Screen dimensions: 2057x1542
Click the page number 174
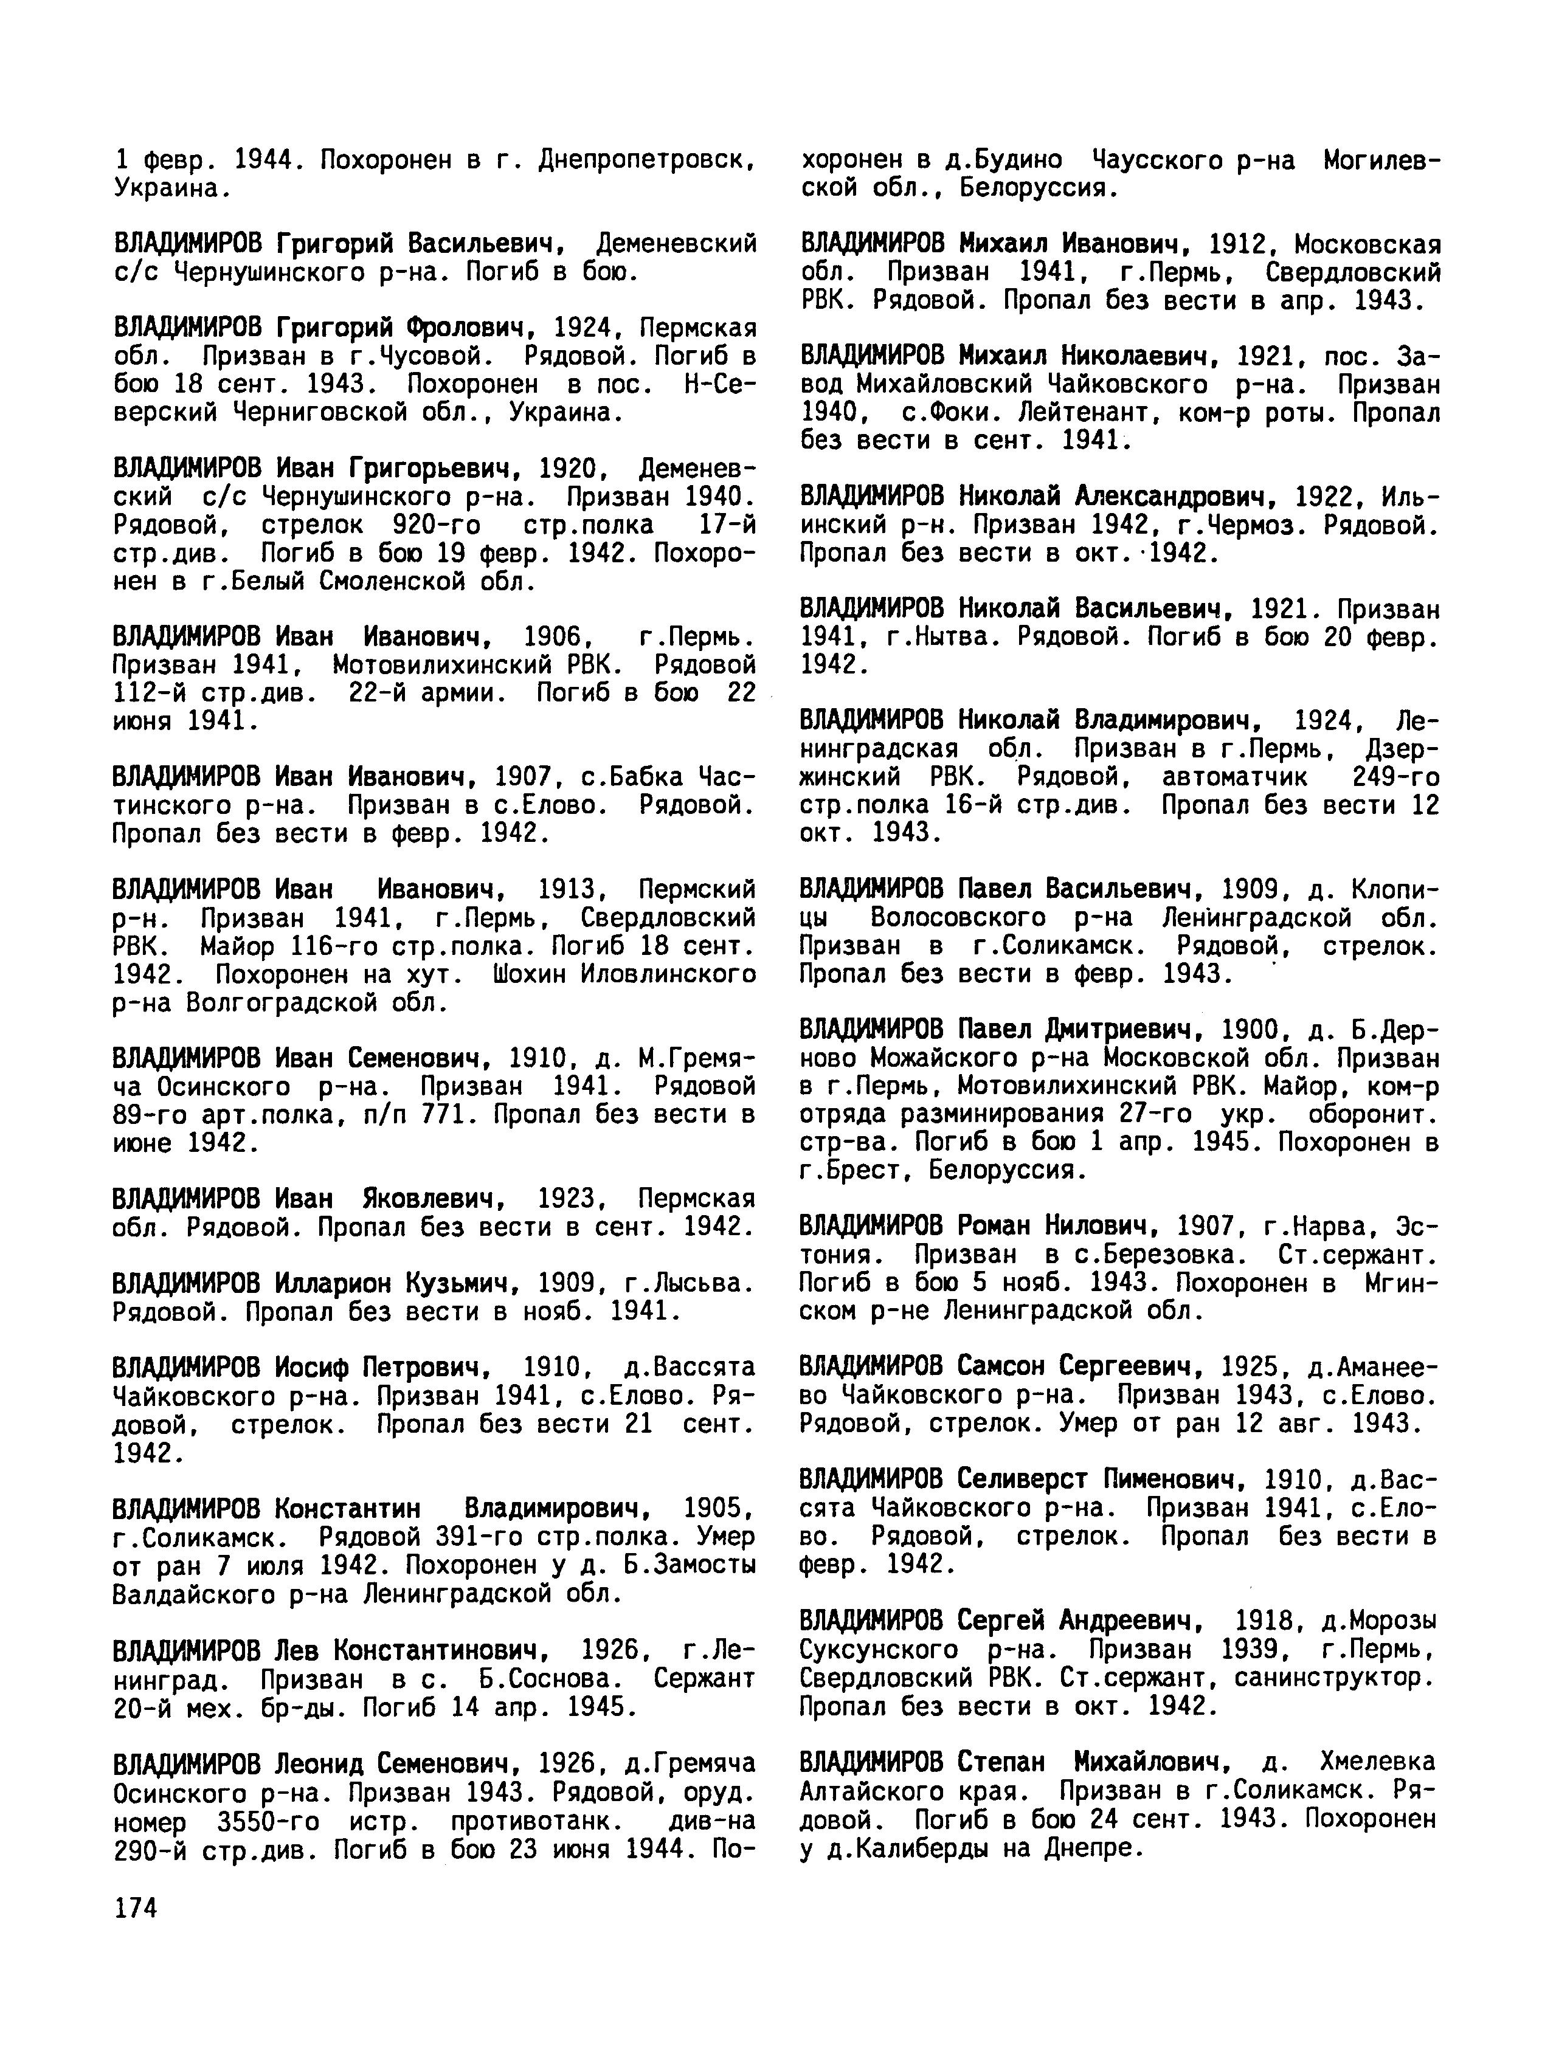click(135, 1908)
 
